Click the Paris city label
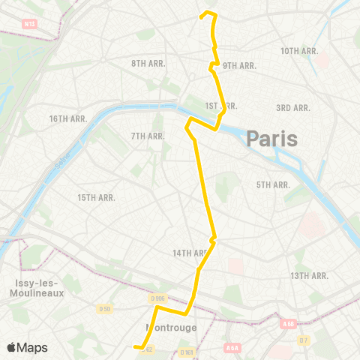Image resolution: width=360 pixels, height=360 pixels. pos(271,138)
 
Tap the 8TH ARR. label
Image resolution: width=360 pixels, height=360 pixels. pos(148,63)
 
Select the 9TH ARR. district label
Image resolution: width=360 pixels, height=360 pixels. pos(239,65)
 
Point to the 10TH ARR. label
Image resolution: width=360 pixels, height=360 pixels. pos(300,50)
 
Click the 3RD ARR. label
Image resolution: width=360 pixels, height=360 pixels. pos(292,108)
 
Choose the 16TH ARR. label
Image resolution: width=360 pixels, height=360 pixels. pos(68,118)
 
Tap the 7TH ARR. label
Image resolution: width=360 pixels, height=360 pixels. pos(148,136)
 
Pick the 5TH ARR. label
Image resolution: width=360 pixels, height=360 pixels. pos(273,184)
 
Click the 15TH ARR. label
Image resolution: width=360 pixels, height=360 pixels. pos(97,197)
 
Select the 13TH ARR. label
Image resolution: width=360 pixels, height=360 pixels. pos(310,276)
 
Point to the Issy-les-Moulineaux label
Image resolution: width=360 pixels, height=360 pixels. pos(33,287)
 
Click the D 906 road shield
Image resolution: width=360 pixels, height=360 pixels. pos(157,299)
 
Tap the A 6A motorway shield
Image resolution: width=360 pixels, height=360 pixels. pos(232,348)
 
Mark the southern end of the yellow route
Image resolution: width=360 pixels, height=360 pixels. pos(136,346)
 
